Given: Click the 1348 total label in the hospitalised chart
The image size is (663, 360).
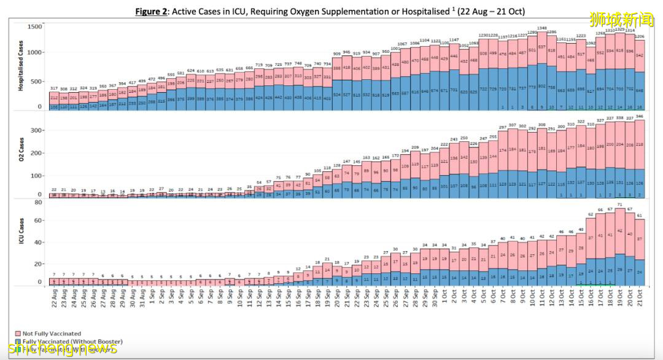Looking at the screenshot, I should pos(525,28).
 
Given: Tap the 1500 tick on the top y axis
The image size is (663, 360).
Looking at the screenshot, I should pos(34,26).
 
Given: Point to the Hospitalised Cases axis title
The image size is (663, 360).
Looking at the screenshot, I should pos(21,67).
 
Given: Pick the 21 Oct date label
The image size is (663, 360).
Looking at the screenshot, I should pos(640,299).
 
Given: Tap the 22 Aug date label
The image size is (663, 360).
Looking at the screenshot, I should pos(55,299).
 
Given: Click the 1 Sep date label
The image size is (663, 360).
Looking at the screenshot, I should pos(152,299).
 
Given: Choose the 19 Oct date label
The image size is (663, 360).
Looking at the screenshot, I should pos(621,299).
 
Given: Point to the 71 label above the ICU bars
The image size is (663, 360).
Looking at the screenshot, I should pos(621,205).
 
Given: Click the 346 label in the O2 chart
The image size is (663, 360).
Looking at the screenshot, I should pos(640,115).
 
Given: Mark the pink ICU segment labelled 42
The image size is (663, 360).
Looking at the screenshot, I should pos(621,231).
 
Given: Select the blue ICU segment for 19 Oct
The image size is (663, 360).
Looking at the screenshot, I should pos(621,270).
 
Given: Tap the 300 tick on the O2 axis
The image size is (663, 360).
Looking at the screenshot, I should pos(36,131).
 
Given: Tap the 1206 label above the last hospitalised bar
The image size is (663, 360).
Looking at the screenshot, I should pos(640,37).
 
